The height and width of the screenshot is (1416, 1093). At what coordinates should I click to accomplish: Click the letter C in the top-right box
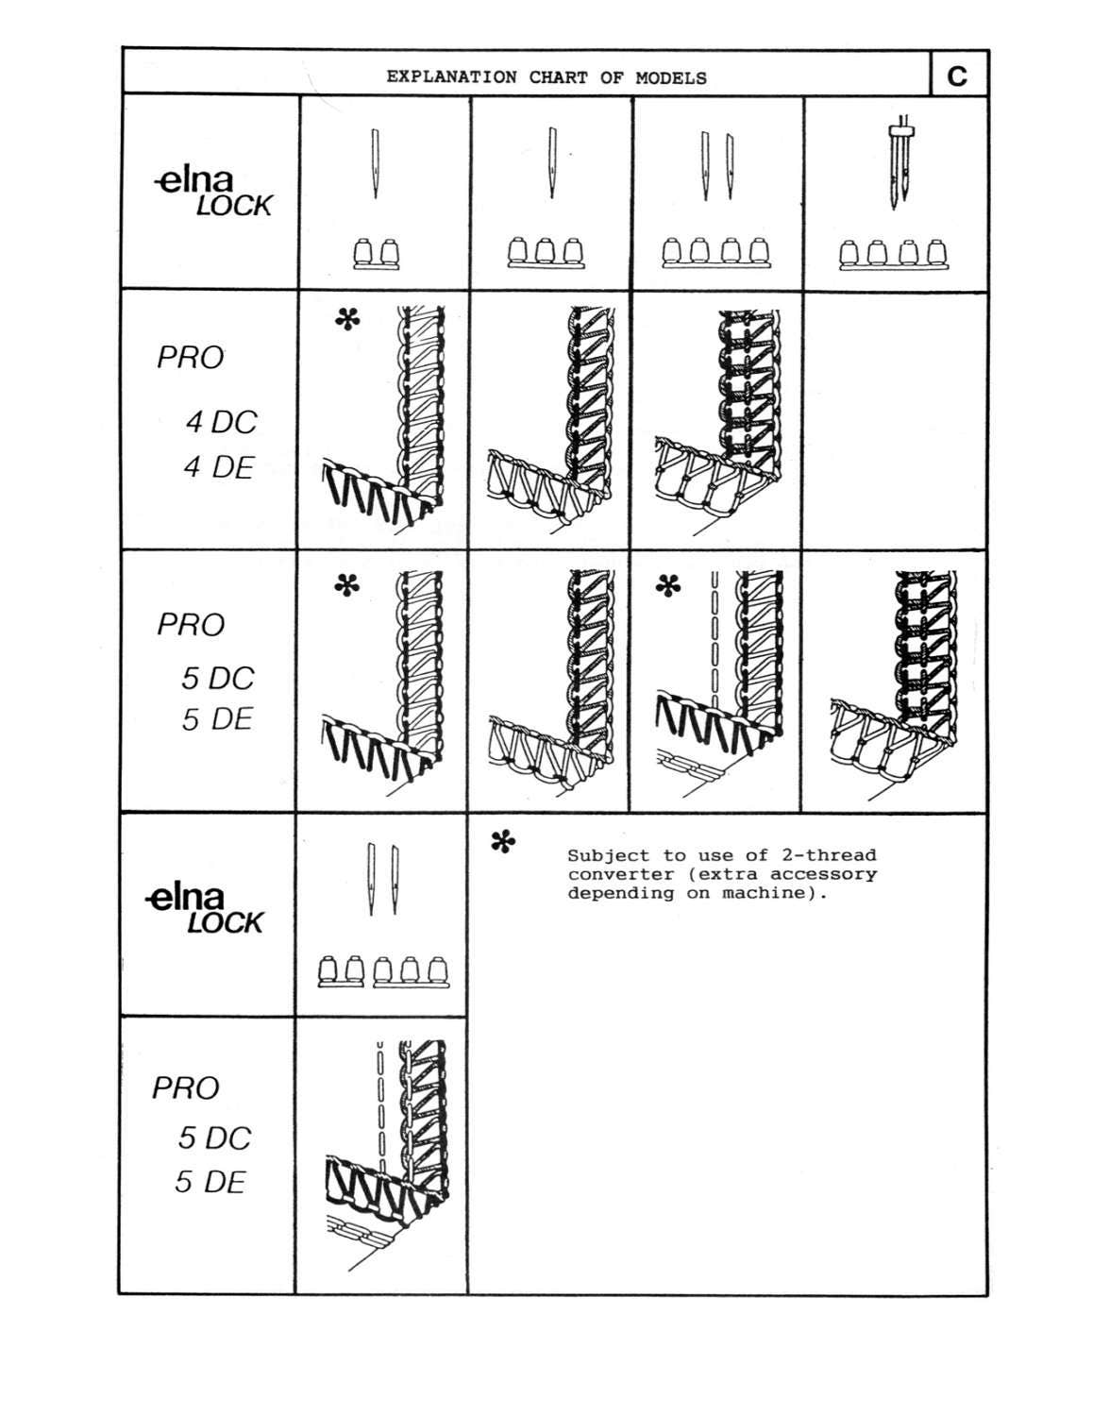[x=957, y=76]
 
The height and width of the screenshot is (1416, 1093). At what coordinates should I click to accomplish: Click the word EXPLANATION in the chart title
[x=451, y=77]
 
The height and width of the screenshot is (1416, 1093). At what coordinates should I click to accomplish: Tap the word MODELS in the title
[x=671, y=78]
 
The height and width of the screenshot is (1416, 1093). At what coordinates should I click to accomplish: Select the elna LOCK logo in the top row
[x=213, y=194]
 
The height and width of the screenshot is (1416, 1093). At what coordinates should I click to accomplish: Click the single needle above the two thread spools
[x=376, y=163]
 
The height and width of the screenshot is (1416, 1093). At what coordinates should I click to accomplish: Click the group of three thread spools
[x=546, y=253]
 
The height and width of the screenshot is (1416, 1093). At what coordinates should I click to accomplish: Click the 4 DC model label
[x=222, y=422]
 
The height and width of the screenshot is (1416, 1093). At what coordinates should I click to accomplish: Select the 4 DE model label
[x=219, y=467]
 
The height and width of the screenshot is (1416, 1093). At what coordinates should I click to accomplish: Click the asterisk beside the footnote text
[x=503, y=842]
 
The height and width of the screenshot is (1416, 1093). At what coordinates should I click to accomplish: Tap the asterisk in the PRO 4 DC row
[x=347, y=319]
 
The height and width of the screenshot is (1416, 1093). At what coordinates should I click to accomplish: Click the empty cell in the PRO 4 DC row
[x=895, y=420]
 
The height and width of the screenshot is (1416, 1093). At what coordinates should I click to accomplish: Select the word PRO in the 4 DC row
[x=191, y=357]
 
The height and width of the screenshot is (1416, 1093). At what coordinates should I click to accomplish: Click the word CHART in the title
[x=558, y=77]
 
